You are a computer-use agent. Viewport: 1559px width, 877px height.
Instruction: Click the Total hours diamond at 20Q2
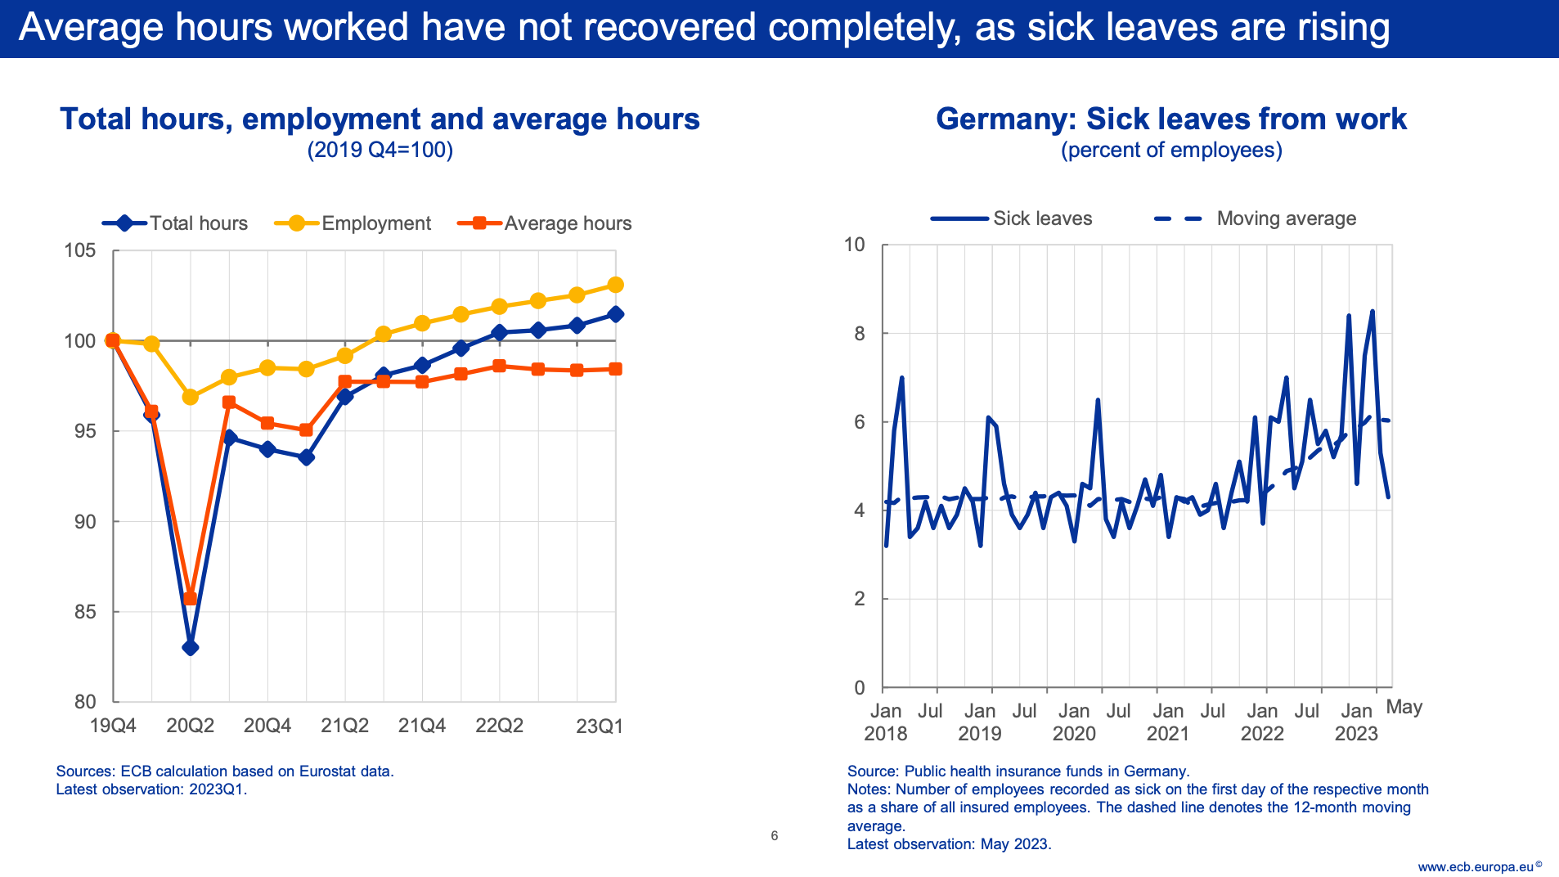point(190,647)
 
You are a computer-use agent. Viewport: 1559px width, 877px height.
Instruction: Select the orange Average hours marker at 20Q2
point(190,598)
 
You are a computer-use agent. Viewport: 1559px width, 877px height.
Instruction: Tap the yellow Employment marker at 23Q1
point(616,285)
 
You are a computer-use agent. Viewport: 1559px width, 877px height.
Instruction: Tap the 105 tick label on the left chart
point(80,250)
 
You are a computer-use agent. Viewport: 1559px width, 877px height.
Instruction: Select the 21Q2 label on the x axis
point(344,726)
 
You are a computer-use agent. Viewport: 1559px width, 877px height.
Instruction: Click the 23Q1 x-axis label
point(600,726)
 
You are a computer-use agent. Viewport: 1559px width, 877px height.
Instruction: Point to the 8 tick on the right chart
point(860,334)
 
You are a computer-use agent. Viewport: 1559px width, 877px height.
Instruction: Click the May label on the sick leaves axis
point(1404,707)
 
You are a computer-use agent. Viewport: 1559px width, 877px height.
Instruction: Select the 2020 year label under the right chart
point(1074,734)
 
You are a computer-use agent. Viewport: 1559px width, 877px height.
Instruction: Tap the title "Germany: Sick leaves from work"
point(1170,119)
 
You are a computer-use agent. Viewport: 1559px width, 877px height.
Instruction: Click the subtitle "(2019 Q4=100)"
point(380,151)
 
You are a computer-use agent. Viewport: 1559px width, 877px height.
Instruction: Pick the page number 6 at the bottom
point(774,835)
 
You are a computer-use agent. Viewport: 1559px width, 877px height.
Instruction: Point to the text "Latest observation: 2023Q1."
point(151,789)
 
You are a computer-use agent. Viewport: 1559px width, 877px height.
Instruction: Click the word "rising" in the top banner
point(1343,28)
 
